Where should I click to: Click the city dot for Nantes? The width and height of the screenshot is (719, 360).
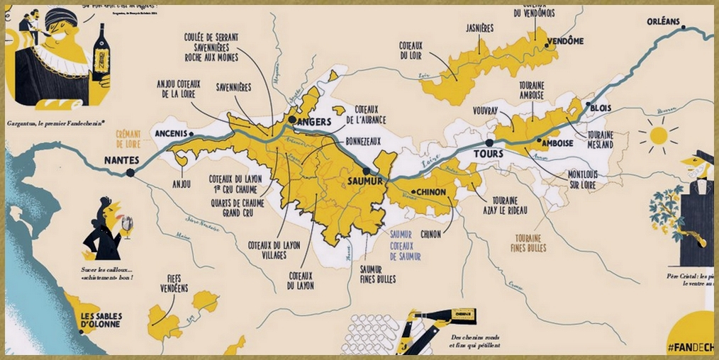[130, 172]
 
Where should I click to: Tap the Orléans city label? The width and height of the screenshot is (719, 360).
[663, 21]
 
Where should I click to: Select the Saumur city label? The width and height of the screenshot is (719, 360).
[365, 181]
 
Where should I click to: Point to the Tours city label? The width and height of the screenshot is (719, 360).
[488, 153]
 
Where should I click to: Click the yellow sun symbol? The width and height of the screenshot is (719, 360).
[659, 135]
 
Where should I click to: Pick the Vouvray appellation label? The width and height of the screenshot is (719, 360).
[486, 111]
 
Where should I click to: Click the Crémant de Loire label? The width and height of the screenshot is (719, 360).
[129, 138]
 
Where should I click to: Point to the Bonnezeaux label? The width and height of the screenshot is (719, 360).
[365, 141]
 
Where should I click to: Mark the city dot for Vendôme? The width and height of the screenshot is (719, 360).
[547, 45]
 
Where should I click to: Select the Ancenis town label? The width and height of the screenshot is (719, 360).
[171, 133]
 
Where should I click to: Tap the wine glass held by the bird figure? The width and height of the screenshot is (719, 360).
[127, 225]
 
